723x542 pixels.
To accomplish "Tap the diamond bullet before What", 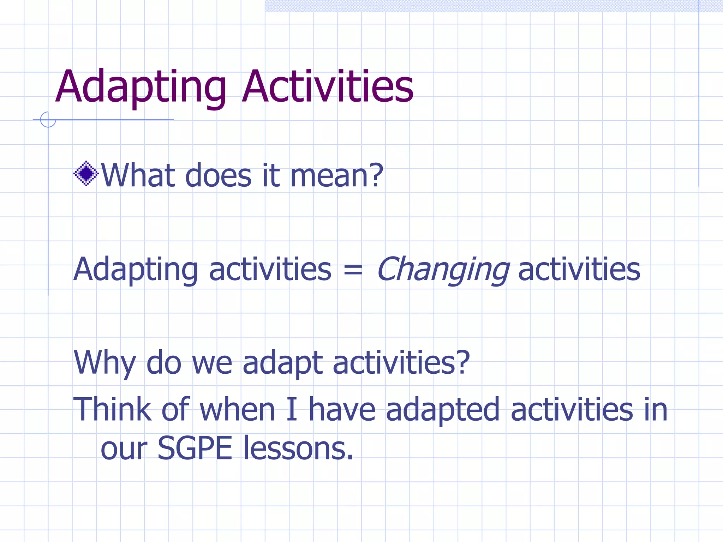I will [x=86, y=174].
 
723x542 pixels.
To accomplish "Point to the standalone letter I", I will [x=292, y=409].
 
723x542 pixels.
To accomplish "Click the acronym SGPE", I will [x=195, y=448].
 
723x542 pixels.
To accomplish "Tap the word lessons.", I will [x=298, y=448].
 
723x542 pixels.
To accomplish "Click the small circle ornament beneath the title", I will [x=48, y=120].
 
